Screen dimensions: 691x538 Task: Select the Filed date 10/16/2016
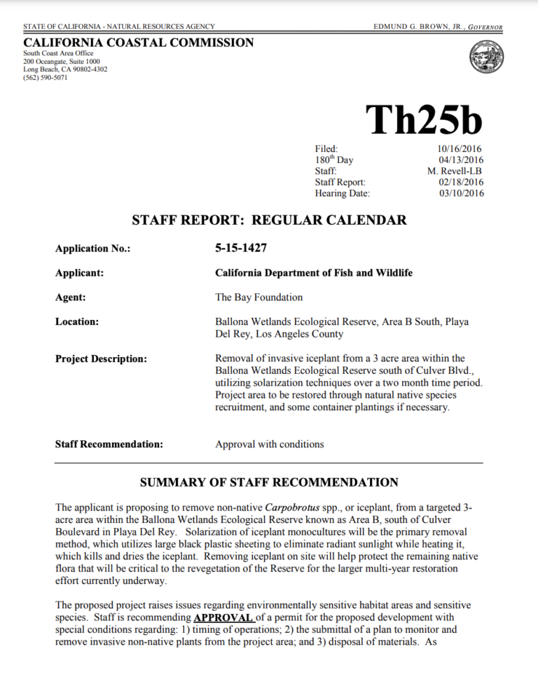458,148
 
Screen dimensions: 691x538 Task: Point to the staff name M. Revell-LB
455,171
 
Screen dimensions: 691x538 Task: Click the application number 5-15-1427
241,248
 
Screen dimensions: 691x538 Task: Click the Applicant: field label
81,272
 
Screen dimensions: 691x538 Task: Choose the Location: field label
78,321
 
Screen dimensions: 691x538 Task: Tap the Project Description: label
101,359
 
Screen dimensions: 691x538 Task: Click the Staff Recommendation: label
109,443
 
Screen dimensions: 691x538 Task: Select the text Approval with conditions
269,443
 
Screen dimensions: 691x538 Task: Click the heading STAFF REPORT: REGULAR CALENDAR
269,221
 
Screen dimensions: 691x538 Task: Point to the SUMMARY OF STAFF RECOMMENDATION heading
269,482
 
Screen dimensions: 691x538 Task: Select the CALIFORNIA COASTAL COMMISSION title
139,43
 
